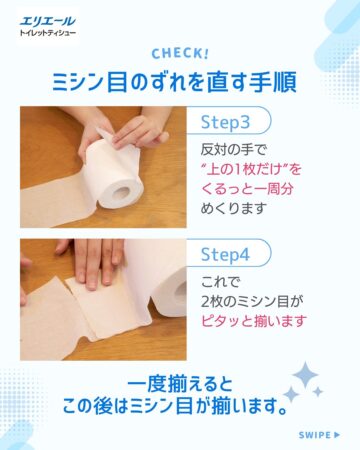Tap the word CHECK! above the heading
pos(180,54)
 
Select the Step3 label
pos(225,122)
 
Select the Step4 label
pos(225,255)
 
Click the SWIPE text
pos(315,435)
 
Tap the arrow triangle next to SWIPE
pos(337,435)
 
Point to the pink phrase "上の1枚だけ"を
pos(251,169)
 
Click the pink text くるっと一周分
pos(247,189)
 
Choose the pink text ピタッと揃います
pos(254,321)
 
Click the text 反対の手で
pos(234,150)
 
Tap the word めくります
pos(234,208)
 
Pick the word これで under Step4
pos(220,282)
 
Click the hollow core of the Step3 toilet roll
pos(121,193)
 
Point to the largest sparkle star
pos(305,375)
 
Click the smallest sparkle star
pos(318,392)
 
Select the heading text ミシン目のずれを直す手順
pos(174,82)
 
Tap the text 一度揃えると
pos(180,384)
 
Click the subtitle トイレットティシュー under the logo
pos(48,33)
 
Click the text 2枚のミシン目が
pos(252,302)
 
